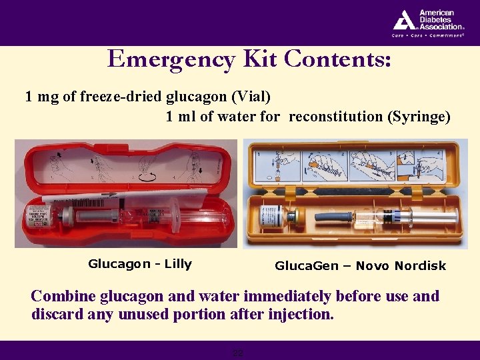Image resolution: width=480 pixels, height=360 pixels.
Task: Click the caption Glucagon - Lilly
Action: pyautogui.click(x=140, y=264)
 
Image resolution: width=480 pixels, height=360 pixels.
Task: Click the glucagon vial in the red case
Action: pyautogui.click(x=39, y=217)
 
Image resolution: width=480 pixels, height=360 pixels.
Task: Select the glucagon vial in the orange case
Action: pyautogui.click(x=271, y=217)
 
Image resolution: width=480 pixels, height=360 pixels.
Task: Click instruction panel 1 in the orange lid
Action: pyautogui.click(x=275, y=166)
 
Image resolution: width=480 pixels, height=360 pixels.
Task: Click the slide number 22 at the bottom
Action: pyautogui.click(x=237, y=353)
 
